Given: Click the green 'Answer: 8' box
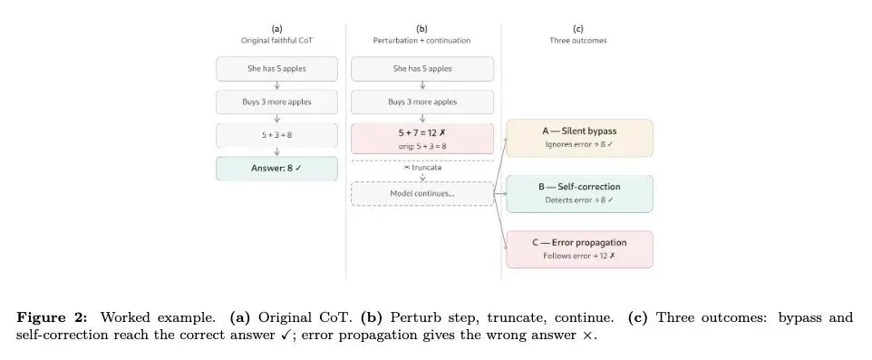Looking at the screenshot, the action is (x=276, y=169).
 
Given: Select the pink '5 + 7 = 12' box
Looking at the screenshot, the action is (x=422, y=139).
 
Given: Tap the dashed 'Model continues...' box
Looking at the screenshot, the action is (x=422, y=194).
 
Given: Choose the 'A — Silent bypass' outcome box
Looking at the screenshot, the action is (x=579, y=138).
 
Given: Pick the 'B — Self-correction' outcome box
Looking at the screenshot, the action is (x=579, y=194).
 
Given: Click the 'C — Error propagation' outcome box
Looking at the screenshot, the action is (x=579, y=249).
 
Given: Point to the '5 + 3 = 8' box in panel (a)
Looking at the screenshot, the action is (x=276, y=135).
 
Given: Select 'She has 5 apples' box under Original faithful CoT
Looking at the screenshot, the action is (x=276, y=69).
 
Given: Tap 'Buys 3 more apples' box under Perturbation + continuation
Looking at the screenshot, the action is (x=422, y=102).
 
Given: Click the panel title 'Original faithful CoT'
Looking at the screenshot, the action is (x=276, y=41).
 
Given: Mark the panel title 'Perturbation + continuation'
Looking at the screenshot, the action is (x=421, y=41).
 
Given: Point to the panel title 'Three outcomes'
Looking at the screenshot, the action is (x=577, y=41).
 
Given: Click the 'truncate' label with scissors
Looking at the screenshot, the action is (x=422, y=167).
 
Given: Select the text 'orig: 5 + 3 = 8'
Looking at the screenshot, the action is (x=422, y=146).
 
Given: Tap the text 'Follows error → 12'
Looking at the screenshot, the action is (x=579, y=256).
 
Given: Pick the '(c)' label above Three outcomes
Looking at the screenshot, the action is (x=577, y=28).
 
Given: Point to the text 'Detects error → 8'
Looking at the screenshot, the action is (x=579, y=199).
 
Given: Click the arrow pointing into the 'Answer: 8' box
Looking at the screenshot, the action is (x=276, y=152).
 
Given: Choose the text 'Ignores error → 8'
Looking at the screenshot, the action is (x=579, y=144).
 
